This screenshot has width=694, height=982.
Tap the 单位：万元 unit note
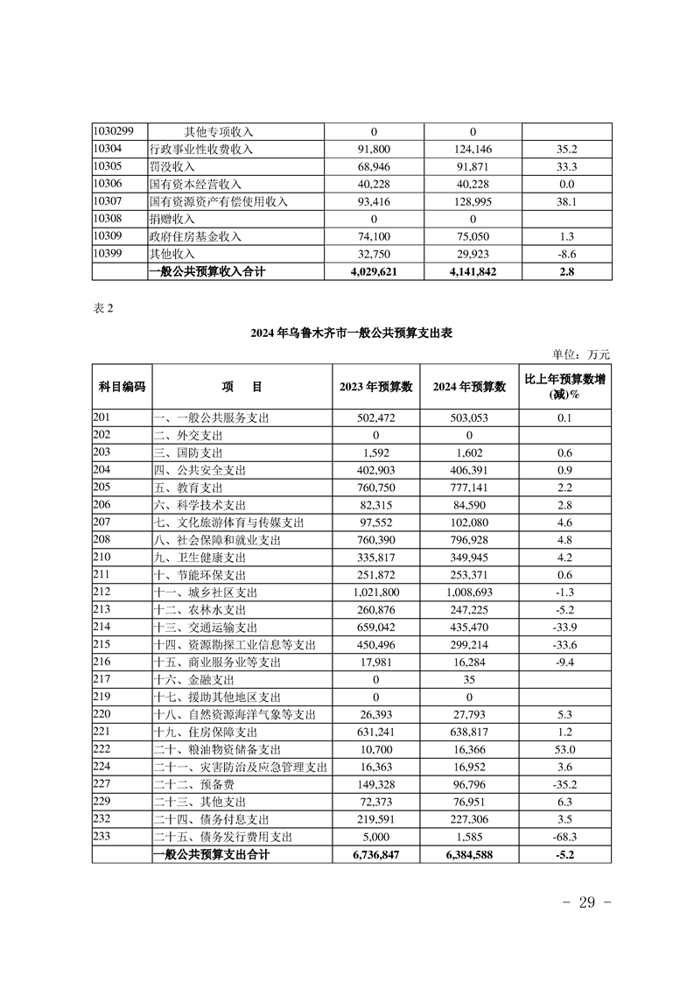click(580, 354)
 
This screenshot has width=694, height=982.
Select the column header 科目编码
click(122, 387)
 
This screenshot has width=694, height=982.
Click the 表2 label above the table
click(102, 307)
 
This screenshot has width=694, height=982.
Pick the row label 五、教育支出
click(188, 487)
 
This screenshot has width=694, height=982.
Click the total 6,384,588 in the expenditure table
click(470, 853)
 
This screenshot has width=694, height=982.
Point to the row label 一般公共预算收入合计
click(207, 271)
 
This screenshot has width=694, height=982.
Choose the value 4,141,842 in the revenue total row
click(470, 271)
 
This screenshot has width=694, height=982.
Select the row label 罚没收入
click(172, 166)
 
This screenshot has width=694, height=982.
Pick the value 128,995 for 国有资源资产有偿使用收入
click(470, 201)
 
